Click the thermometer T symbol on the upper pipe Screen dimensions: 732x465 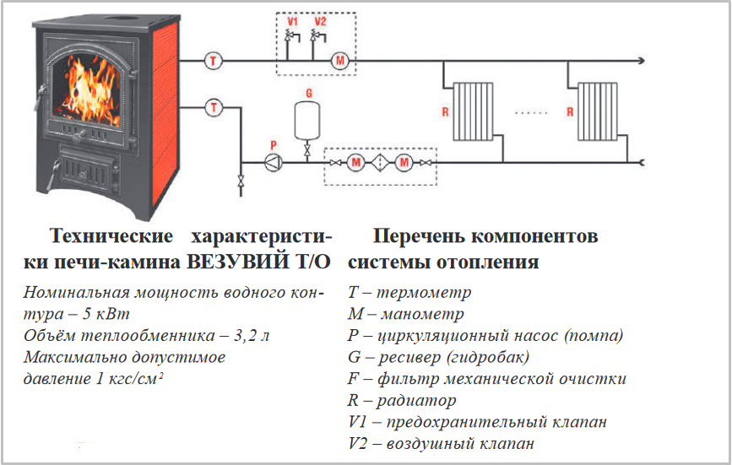[214, 61]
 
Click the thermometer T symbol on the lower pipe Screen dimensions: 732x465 [214, 108]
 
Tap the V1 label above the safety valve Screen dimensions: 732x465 [292, 21]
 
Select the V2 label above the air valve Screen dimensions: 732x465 [320, 21]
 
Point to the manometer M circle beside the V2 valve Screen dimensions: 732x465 [340, 61]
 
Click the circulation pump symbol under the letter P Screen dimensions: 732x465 [273, 162]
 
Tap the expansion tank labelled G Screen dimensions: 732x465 [307, 121]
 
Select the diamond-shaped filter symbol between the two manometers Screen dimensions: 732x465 [380, 163]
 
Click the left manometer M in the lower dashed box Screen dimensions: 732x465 [355, 163]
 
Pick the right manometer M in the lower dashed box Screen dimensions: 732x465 [404, 163]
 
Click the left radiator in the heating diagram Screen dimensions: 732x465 [474, 111]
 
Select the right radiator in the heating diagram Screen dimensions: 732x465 [598, 111]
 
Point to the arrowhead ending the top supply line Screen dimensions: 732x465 [642, 61]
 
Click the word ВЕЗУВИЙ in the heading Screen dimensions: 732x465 [237, 262]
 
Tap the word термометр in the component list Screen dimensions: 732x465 [424, 293]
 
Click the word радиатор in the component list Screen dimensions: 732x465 [416, 400]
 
